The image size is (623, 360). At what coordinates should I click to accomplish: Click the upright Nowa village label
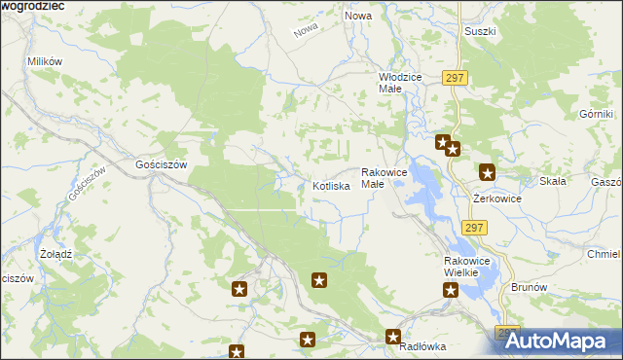(x=358, y=17)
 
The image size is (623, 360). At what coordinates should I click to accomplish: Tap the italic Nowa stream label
(x=306, y=31)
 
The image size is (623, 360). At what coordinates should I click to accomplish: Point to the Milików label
(x=45, y=61)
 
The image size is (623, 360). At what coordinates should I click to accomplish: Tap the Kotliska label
(x=331, y=186)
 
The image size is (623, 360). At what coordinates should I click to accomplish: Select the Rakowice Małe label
(x=384, y=178)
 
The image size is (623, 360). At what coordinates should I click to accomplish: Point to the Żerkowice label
(x=497, y=198)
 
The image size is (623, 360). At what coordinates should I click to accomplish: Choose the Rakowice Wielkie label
(x=461, y=268)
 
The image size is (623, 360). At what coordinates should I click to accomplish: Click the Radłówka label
(x=421, y=345)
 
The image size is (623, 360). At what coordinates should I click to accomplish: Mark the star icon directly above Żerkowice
(x=487, y=173)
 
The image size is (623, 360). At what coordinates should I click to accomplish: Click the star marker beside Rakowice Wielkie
(x=451, y=290)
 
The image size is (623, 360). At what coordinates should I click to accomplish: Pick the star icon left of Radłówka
(x=393, y=338)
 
